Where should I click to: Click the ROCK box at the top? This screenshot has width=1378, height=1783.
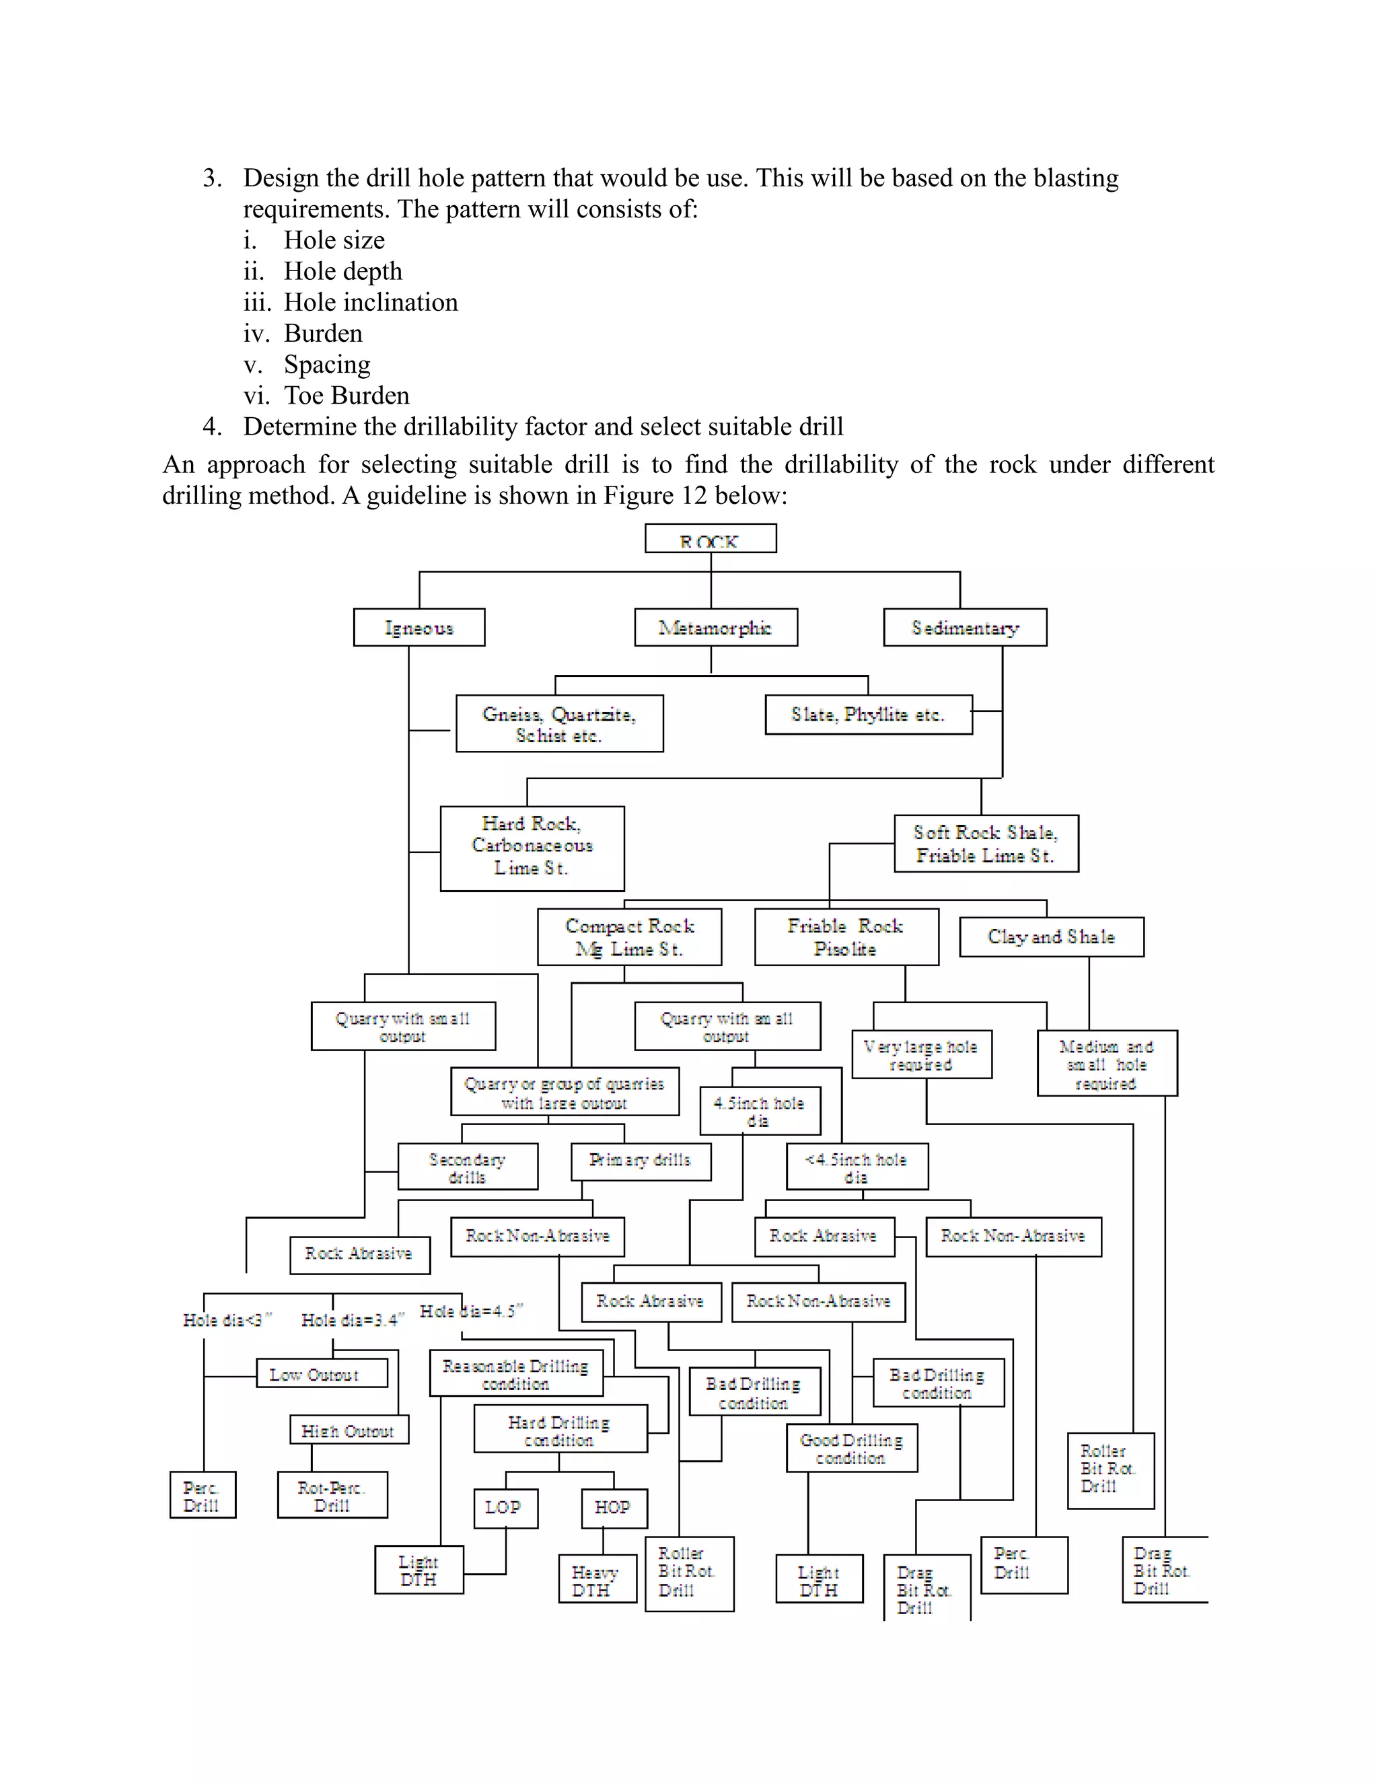pyautogui.click(x=709, y=539)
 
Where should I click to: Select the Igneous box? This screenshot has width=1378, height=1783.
pyautogui.click(x=419, y=627)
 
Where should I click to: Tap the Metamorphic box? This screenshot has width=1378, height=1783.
pyautogui.click(x=715, y=627)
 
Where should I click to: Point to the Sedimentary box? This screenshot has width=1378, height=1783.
pyautogui.click(x=964, y=627)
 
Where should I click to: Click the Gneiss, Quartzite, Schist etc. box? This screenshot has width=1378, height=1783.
pyautogui.click(x=559, y=723)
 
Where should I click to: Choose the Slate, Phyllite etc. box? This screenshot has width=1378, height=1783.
pyautogui.click(x=868, y=715)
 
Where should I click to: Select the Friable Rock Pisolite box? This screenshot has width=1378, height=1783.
pyautogui.click(x=846, y=937)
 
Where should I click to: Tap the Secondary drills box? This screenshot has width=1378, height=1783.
pyautogui.click(x=467, y=1167)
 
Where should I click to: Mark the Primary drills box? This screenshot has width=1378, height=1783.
pyautogui.click(x=640, y=1160)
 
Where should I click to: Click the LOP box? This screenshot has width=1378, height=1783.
pyautogui.click(x=505, y=1507)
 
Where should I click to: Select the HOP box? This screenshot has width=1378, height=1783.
pyautogui.click(x=614, y=1507)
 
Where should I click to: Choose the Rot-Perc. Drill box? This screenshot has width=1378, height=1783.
pyautogui.click(x=332, y=1495)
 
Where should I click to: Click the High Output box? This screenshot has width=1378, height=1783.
pyautogui.click(x=349, y=1430)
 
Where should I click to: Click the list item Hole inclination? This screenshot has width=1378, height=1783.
pyautogui.click(x=371, y=302)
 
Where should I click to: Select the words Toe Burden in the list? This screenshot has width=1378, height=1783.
pyautogui.click(x=346, y=395)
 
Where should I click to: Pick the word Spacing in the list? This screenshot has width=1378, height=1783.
pyautogui.click(x=326, y=364)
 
